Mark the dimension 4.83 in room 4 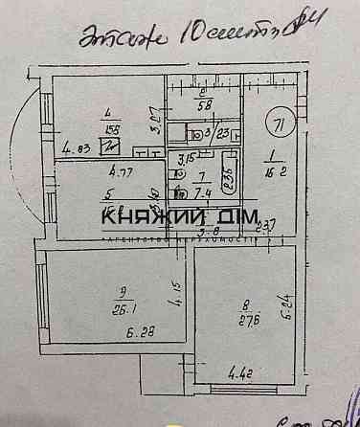(x=77, y=148)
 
